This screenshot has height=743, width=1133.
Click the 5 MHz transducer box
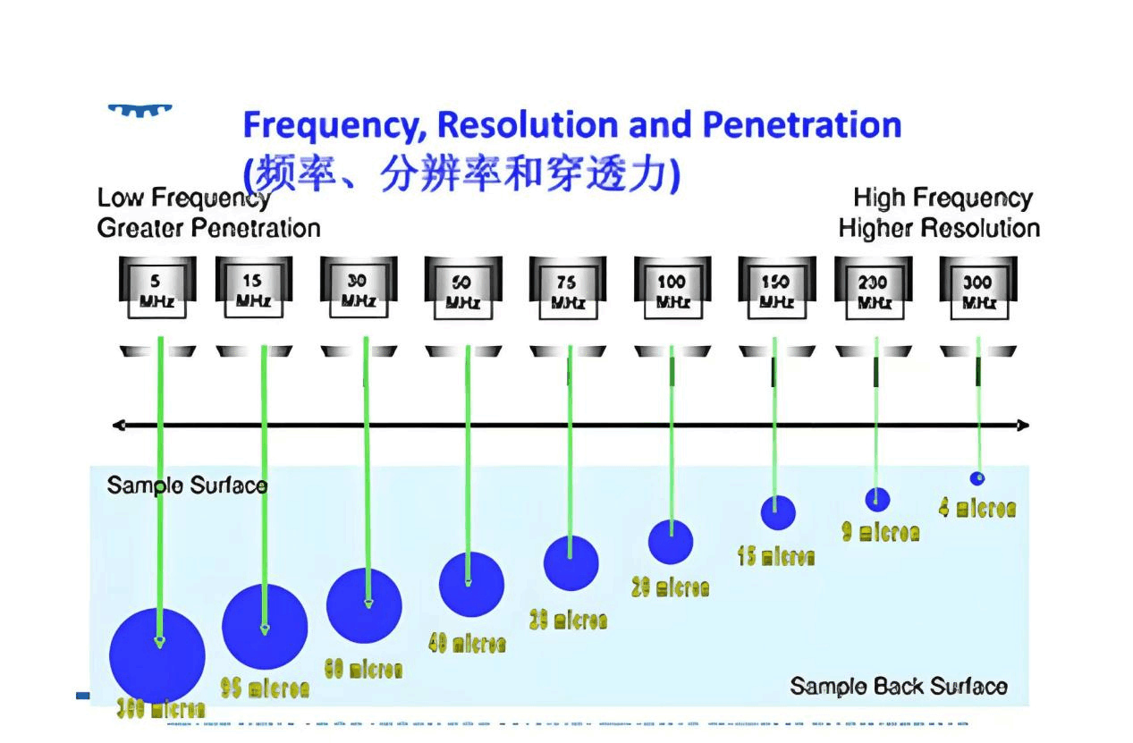point(156,290)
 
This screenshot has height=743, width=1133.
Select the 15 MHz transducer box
point(253,290)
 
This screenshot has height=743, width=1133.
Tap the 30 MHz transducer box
point(358,290)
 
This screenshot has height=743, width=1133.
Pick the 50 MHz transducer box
point(462,290)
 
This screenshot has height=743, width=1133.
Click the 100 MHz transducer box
point(672,290)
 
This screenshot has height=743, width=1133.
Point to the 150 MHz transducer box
point(776,290)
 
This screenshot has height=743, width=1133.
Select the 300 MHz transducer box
point(977,290)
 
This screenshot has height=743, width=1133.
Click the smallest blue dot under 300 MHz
point(977,478)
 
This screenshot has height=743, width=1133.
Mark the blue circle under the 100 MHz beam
point(670,542)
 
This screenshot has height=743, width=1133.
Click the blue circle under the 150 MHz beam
point(777,512)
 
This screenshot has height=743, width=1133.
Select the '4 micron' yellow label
point(977,509)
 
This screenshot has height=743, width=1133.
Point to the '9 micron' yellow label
point(880,532)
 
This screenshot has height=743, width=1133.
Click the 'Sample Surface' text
point(187,485)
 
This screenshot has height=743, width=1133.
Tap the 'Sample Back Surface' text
point(898,687)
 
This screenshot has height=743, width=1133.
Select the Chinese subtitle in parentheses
point(461,173)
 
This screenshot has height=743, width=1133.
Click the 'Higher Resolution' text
point(939,228)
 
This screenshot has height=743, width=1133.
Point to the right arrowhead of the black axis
point(1023,426)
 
